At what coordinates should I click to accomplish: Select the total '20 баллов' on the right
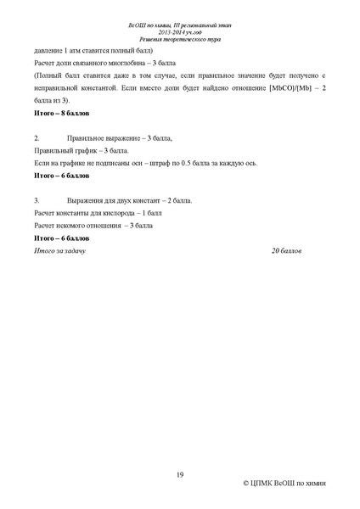point(287,252)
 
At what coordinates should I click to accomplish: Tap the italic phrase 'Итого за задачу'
point(59,252)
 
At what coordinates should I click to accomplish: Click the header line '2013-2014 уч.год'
point(180,32)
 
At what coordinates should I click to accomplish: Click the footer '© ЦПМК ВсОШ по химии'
point(284,483)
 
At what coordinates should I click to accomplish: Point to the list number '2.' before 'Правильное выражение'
point(37,137)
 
